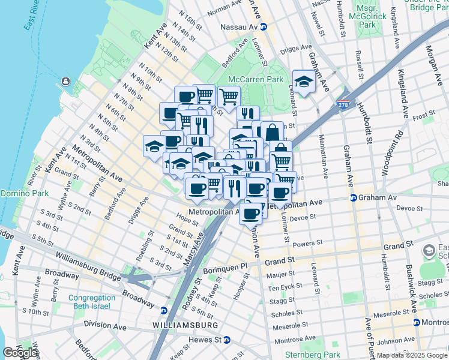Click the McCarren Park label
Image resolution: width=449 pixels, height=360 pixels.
tap(255, 79)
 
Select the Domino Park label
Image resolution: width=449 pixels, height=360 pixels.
tap(23, 193)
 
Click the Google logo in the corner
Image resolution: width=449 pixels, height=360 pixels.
tap(20, 353)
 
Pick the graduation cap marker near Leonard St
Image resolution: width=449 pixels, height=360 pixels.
tap(304, 82)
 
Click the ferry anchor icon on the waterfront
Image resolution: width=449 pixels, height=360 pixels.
tap(65, 82)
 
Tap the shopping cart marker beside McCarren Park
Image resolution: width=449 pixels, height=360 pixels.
tap(229, 97)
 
